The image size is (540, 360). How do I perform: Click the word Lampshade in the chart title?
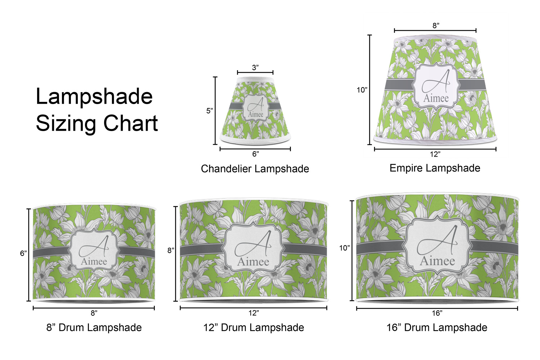(94, 97)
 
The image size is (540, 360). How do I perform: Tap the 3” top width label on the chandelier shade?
(255, 68)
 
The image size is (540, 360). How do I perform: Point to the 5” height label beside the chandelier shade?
(210, 111)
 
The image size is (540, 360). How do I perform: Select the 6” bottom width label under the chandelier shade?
(256, 154)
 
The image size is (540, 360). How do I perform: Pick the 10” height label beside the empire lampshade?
(362, 90)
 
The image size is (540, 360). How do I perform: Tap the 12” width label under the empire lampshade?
(435, 154)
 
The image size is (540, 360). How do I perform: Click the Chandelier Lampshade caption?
(255, 169)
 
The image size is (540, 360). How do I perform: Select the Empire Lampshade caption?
(435, 168)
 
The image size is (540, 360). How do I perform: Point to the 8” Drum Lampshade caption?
(94, 328)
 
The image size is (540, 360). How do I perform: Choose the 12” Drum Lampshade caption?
(253, 328)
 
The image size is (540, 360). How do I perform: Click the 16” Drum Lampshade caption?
(437, 328)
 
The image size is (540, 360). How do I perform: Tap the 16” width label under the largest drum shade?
(437, 313)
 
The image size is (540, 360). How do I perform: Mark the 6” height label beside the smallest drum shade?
(23, 253)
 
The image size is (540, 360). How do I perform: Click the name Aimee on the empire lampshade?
(436, 98)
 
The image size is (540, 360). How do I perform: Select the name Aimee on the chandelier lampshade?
(256, 114)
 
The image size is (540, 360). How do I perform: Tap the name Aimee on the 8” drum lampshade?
(94, 261)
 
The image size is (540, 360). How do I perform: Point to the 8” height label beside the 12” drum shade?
(171, 251)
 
